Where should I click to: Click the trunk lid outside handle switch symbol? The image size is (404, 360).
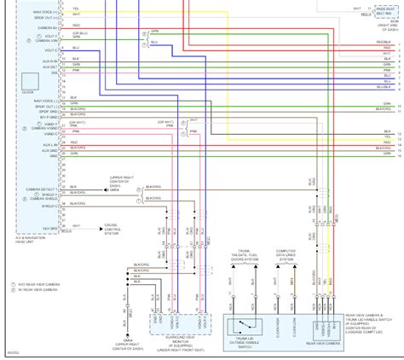(x=248, y=322)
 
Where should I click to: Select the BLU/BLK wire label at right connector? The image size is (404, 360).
(x=382, y=85)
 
